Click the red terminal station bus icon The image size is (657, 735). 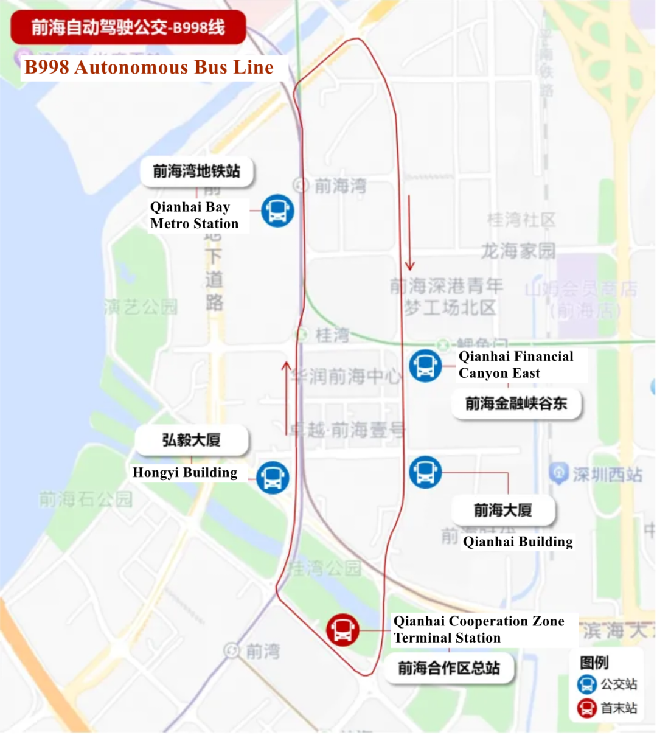click(x=342, y=630)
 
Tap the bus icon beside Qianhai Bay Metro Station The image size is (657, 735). click(x=278, y=211)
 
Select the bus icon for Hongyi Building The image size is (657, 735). click(x=273, y=477)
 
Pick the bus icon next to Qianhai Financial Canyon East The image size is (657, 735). click(x=425, y=366)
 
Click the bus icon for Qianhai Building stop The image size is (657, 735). click(x=425, y=472)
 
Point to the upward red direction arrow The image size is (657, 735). click(x=286, y=398)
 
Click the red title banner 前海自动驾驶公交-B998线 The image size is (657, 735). click(x=128, y=27)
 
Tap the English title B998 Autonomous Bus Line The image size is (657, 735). click(x=149, y=68)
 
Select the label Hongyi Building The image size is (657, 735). click(x=185, y=473)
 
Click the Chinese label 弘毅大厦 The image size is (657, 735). click(x=191, y=440)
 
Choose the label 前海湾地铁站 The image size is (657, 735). click(x=196, y=172)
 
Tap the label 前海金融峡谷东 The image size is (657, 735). click(x=516, y=403)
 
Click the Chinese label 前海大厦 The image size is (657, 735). click(x=503, y=510)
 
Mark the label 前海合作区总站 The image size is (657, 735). click(x=449, y=668)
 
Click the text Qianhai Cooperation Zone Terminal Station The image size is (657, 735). click(x=479, y=629)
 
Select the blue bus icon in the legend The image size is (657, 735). click(x=586, y=684)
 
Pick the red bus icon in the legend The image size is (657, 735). click(x=586, y=708)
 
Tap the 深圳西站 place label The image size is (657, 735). click(x=607, y=475)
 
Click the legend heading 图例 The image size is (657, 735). click(x=594, y=663)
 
